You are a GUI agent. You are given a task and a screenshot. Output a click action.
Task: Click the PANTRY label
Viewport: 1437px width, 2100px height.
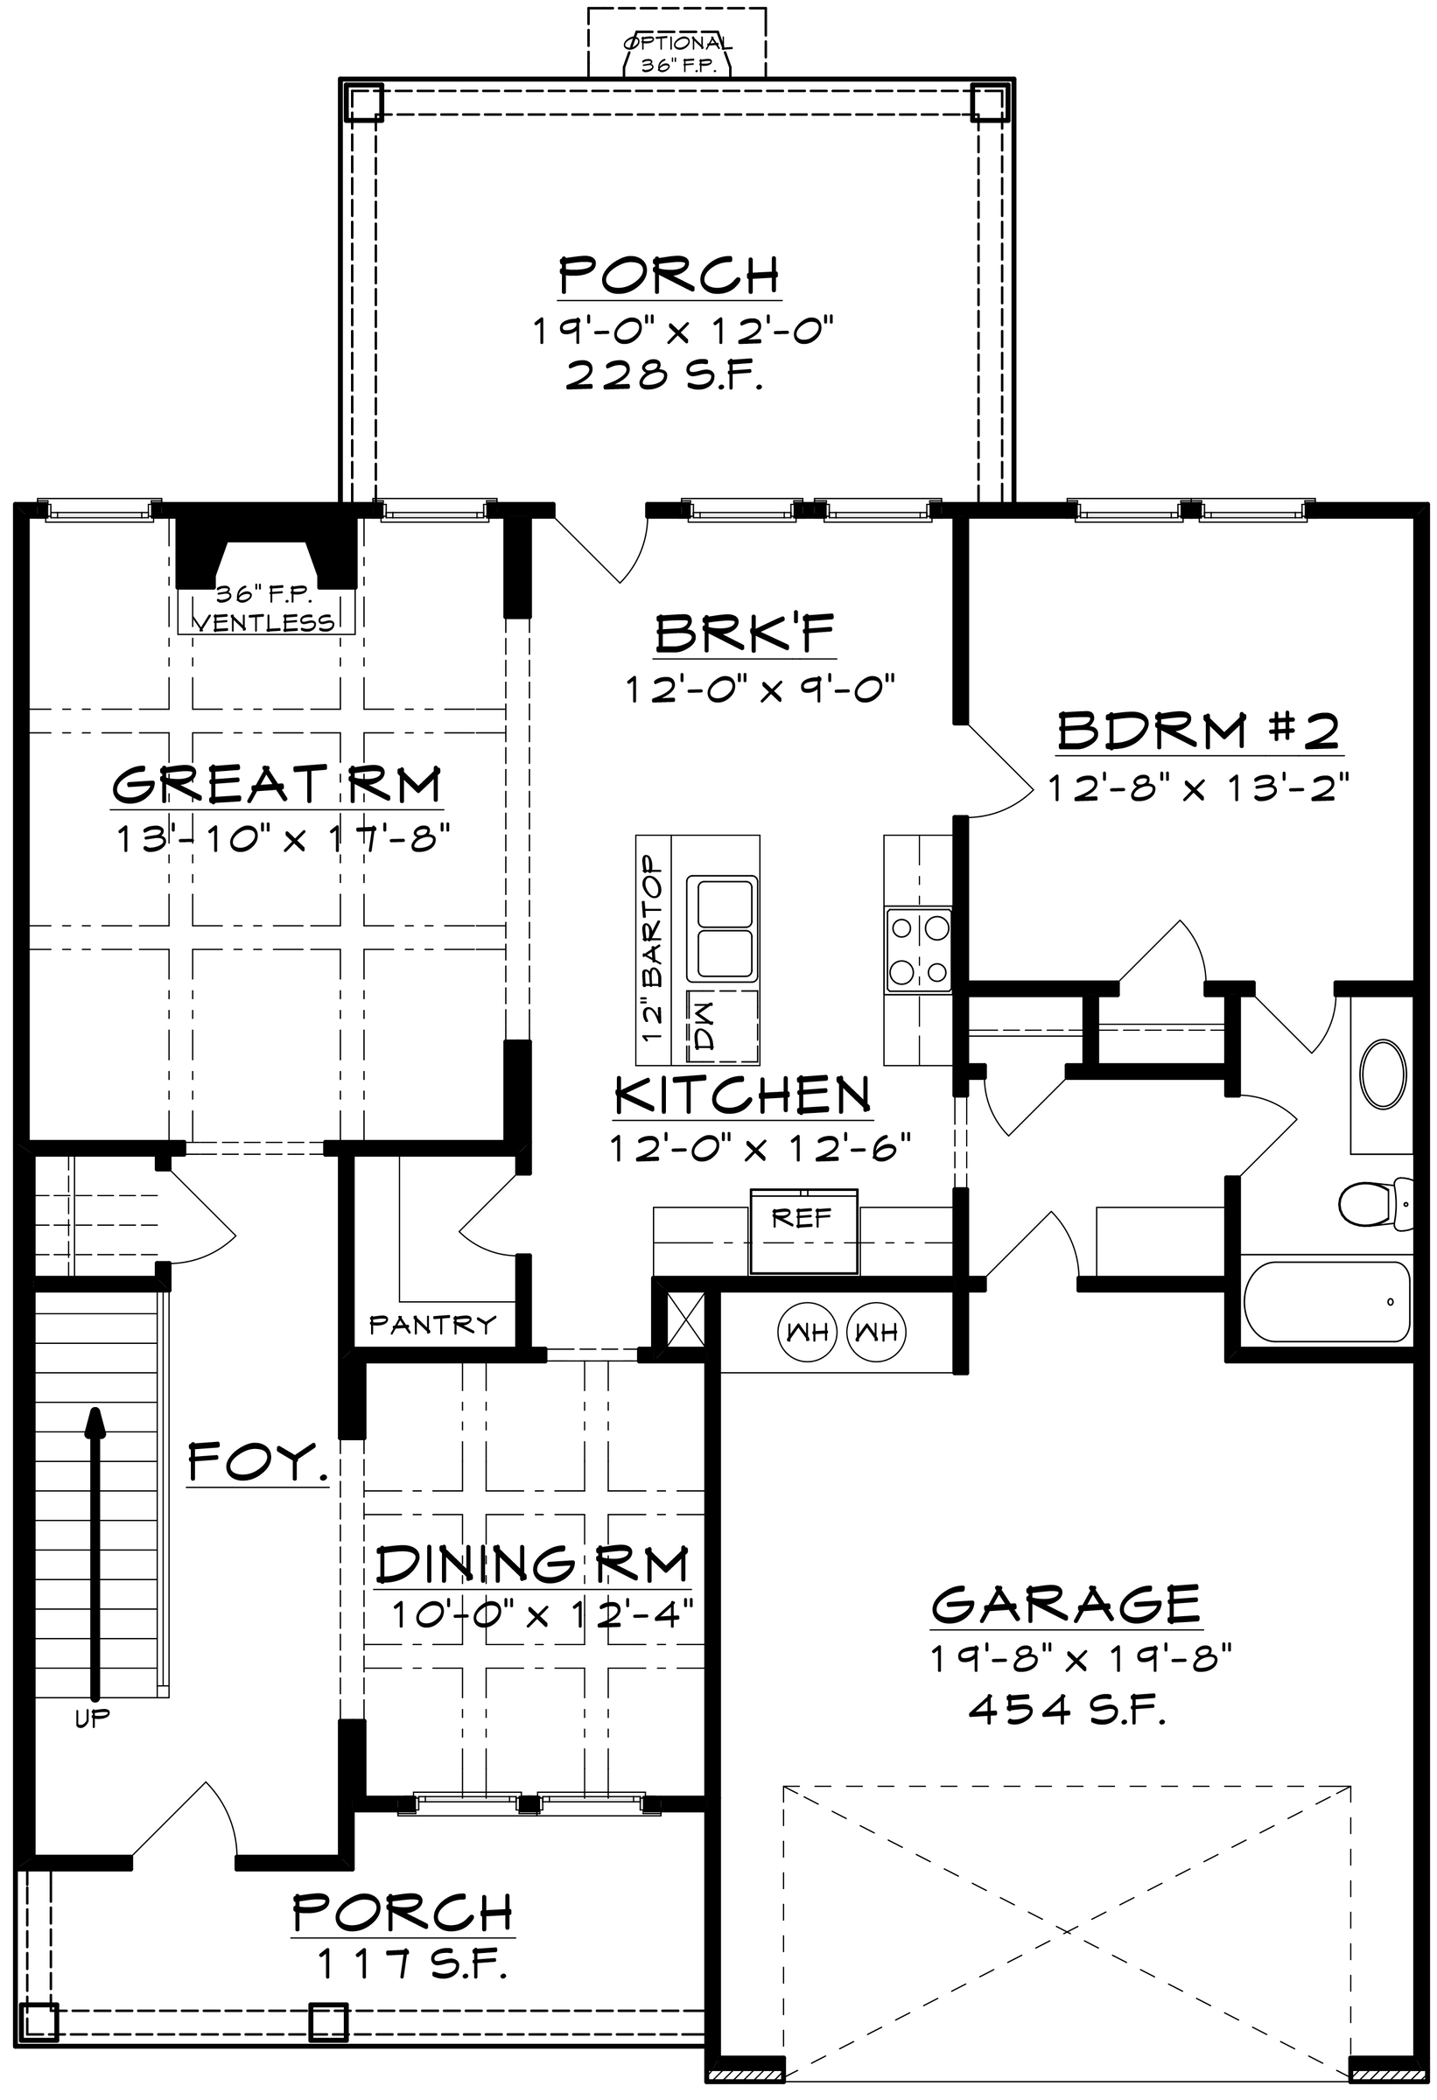[433, 1325]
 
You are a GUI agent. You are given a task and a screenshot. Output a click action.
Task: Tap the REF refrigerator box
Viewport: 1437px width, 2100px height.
[803, 1232]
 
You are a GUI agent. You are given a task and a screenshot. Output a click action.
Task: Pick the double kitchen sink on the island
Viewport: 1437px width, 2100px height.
[722, 927]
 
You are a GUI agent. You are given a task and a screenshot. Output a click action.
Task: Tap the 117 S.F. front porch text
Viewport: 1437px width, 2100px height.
[411, 1963]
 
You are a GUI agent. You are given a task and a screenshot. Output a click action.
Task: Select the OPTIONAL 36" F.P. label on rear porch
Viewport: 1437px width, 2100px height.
[676, 55]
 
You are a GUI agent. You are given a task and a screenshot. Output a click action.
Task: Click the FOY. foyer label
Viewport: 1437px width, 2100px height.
[258, 1461]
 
